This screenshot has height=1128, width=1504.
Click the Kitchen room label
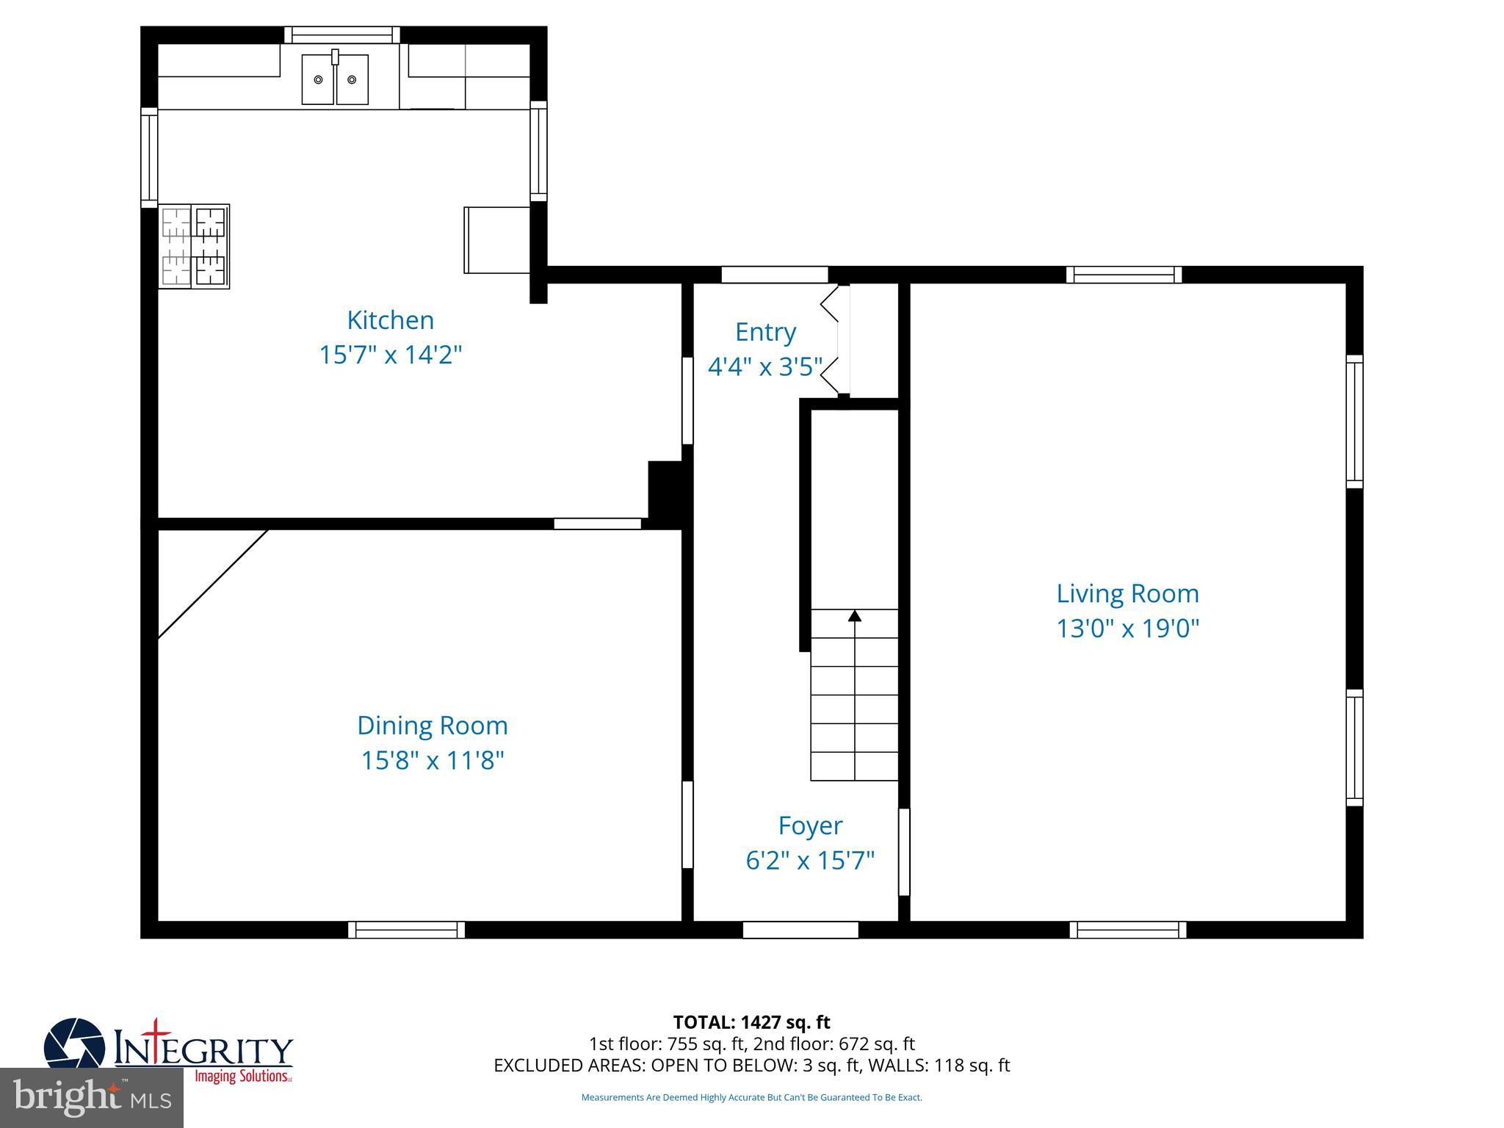click(x=390, y=320)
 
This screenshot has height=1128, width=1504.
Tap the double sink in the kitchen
click(x=335, y=79)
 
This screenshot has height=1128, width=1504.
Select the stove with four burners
click(x=194, y=246)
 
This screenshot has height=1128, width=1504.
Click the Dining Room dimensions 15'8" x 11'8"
click(x=433, y=760)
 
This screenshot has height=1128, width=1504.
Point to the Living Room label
click(x=1127, y=593)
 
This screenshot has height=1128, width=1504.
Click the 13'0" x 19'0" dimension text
click(x=1127, y=629)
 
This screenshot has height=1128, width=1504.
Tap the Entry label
click(x=765, y=332)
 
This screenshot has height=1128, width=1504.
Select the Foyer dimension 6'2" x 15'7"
click(x=810, y=860)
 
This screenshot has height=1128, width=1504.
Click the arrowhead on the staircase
click(x=854, y=616)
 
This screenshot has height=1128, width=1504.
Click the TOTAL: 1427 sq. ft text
click(x=751, y=1022)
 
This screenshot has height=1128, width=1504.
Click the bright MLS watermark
click(x=92, y=1097)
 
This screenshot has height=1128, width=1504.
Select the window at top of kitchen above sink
click(x=342, y=35)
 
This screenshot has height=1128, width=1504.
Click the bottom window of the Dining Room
click(x=406, y=930)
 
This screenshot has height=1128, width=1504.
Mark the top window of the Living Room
click(x=1124, y=275)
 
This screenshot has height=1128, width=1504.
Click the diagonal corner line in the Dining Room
click(x=213, y=584)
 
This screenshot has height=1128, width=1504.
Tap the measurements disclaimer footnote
click(x=751, y=1098)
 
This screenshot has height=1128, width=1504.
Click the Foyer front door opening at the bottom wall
click(x=800, y=930)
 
